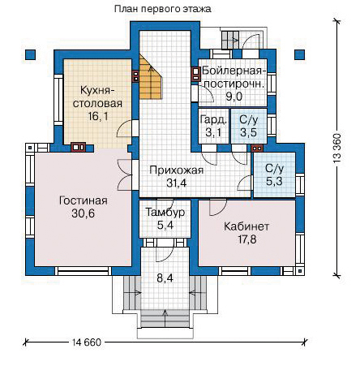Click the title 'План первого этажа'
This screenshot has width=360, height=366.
[163, 9]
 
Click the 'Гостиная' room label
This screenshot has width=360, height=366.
[84, 200]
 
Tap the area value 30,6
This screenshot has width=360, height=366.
[84, 213]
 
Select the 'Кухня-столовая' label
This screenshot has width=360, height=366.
[97, 97]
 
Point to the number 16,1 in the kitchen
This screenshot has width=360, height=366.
[98, 116]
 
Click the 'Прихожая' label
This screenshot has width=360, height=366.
[176, 170]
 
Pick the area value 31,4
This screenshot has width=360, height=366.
[176, 183]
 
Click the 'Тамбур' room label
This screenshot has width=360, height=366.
[165, 212]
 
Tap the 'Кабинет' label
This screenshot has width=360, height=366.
[246, 226]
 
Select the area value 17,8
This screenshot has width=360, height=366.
[246, 239]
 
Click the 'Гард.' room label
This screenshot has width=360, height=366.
[213, 120]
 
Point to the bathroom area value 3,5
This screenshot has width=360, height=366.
[248, 132]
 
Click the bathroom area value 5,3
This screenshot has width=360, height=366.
[274, 181]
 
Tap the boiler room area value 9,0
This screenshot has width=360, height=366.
[234, 97]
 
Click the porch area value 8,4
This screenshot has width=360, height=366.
[165, 278]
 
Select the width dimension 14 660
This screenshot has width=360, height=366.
[87, 342]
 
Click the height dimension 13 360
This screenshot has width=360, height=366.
[337, 148]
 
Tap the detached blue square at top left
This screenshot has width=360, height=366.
[31, 54]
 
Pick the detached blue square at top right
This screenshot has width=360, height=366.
[299, 54]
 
